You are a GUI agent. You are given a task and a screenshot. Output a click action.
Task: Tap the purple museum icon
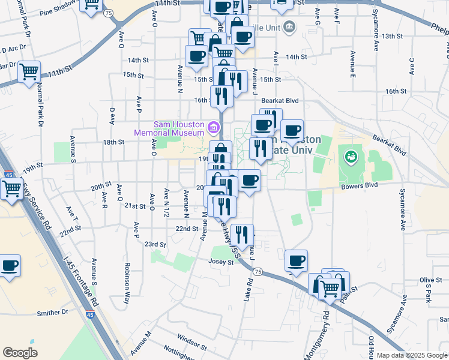tap(212, 127)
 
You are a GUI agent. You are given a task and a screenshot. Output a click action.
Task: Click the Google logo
tap(20, 352)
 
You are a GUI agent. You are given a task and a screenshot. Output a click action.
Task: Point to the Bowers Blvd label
tap(360, 185)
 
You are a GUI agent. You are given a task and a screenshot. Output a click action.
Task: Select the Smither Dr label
tap(53, 312)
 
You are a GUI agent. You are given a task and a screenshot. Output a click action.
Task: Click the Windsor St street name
tap(192, 342)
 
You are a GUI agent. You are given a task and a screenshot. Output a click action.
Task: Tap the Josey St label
tap(221, 262)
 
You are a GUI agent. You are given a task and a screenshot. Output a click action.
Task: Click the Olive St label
tap(430, 280)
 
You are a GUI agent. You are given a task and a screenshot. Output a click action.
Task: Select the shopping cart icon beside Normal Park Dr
tap(29, 73)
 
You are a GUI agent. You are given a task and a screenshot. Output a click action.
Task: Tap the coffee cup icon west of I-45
tap(10, 266)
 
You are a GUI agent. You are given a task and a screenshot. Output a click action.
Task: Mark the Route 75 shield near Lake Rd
tap(258, 272)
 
